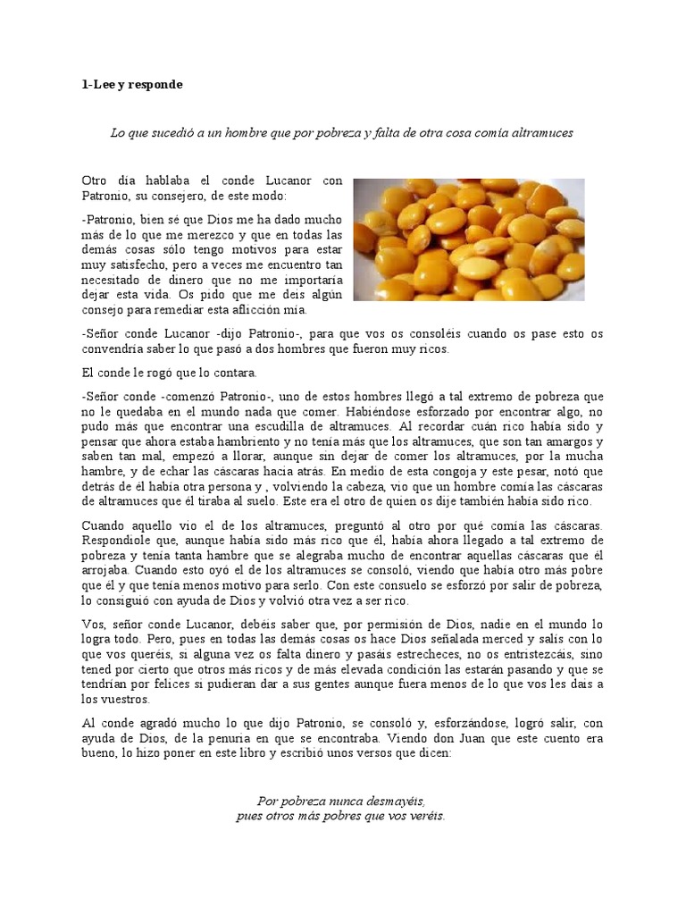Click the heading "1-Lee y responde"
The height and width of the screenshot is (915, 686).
click(132, 84)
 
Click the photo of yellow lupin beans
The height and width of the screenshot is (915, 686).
click(469, 239)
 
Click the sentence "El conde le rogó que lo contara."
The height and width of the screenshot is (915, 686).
click(168, 371)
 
